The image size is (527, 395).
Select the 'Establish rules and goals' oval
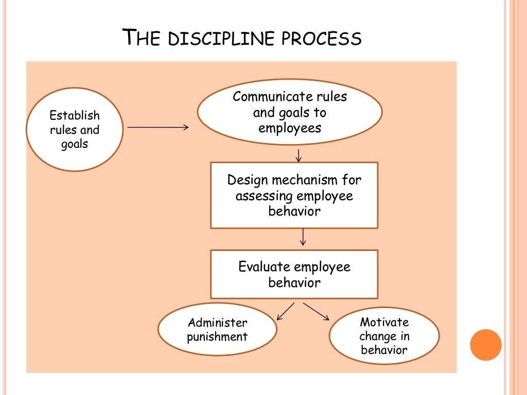coord(75,130)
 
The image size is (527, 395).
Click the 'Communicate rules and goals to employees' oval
coord(290,112)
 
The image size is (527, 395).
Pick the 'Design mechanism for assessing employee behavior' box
coord(294,195)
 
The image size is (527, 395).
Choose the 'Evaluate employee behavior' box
coord(294,274)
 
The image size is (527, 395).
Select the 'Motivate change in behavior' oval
coord(384,336)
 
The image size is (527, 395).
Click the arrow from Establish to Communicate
coord(158,127)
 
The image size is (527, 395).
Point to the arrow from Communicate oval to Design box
coord(299,155)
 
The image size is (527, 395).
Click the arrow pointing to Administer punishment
coord(285,312)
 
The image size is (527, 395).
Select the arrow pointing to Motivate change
coord(316,312)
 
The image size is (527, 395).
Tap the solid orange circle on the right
coord(485,345)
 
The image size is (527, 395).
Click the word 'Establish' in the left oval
coord(75,116)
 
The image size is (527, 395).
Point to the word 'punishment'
coord(217,337)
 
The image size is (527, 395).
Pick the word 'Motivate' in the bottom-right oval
coord(384,322)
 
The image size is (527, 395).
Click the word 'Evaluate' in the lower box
coord(264,267)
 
